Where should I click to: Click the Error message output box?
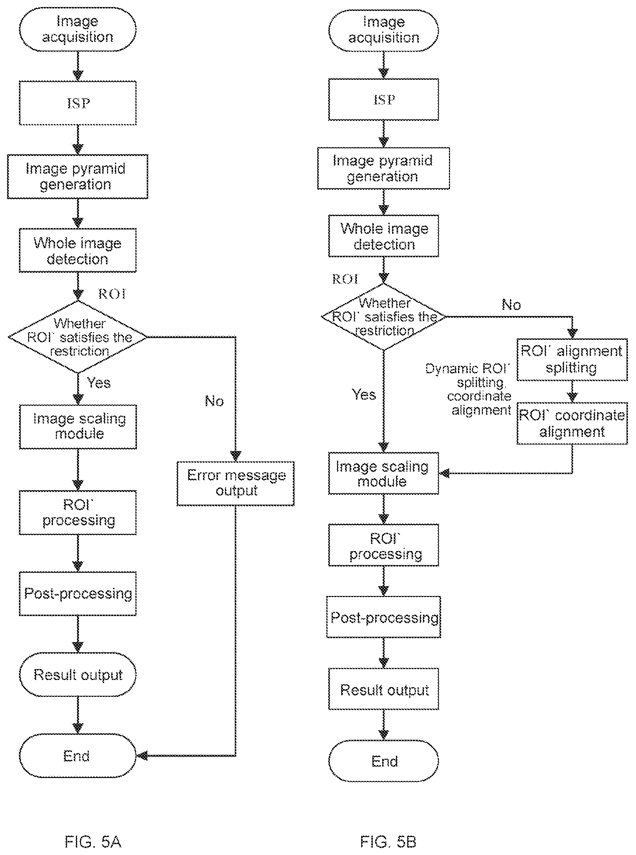click(x=236, y=484)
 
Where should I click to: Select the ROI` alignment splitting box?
click(x=572, y=360)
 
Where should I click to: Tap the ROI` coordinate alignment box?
click(x=572, y=423)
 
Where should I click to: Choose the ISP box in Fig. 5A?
click(x=78, y=103)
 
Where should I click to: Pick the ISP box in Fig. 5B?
click(x=383, y=99)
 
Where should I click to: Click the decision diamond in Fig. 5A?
click(x=78, y=337)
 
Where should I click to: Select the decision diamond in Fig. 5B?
click(x=383, y=317)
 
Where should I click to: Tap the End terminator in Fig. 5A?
click(x=78, y=756)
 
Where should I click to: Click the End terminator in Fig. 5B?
click(x=383, y=761)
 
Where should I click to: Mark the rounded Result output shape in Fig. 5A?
click(x=78, y=675)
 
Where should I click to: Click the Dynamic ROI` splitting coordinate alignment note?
click(x=468, y=389)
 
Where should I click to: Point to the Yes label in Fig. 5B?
click(x=364, y=394)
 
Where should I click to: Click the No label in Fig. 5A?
click(x=214, y=401)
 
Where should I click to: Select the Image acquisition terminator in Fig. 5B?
click(x=383, y=31)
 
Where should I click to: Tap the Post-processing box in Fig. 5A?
click(x=78, y=594)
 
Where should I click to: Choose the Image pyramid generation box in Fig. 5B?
click(x=383, y=168)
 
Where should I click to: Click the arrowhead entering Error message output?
click(x=236, y=456)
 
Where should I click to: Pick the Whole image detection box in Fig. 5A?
click(x=78, y=251)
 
